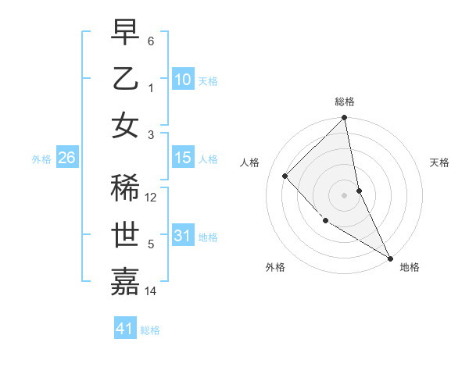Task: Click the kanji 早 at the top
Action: click(125, 32)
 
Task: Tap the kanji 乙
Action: click(125, 79)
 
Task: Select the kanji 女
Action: click(125, 126)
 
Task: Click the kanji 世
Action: click(125, 235)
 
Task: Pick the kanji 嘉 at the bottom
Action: click(125, 282)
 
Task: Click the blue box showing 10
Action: click(182, 79)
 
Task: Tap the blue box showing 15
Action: click(182, 158)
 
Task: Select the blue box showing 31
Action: click(182, 236)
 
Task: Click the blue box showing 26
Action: click(66, 158)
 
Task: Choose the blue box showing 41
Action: click(125, 329)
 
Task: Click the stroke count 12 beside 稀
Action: click(152, 198)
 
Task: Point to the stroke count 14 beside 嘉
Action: click(152, 291)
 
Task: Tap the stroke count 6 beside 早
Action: click(151, 41)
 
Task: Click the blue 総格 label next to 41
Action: click(150, 330)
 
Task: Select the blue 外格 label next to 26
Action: click(41, 159)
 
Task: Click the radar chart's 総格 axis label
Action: click(345, 102)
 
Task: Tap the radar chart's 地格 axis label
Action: click(410, 267)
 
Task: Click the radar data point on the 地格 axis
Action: click(389, 257)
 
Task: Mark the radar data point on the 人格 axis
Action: click(285, 176)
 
